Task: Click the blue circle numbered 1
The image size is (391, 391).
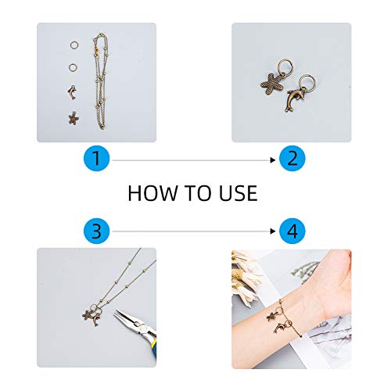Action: point(96,158)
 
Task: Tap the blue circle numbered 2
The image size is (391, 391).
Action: point(292,158)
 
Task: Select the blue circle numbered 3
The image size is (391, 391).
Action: point(96,231)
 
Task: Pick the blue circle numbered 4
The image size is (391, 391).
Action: point(292,231)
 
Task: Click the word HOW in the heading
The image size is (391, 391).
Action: point(152,193)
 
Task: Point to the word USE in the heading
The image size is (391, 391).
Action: point(238,193)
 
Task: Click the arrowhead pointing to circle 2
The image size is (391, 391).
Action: point(273,160)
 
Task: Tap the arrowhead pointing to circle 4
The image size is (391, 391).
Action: point(273,231)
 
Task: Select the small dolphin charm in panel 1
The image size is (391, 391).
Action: point(72,93)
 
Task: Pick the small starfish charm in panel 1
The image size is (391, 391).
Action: point(74,119)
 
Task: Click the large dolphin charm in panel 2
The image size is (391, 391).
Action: point(295,99)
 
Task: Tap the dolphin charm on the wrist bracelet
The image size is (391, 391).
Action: point(280,328)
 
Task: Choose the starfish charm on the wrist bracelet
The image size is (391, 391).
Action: point(272,316)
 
